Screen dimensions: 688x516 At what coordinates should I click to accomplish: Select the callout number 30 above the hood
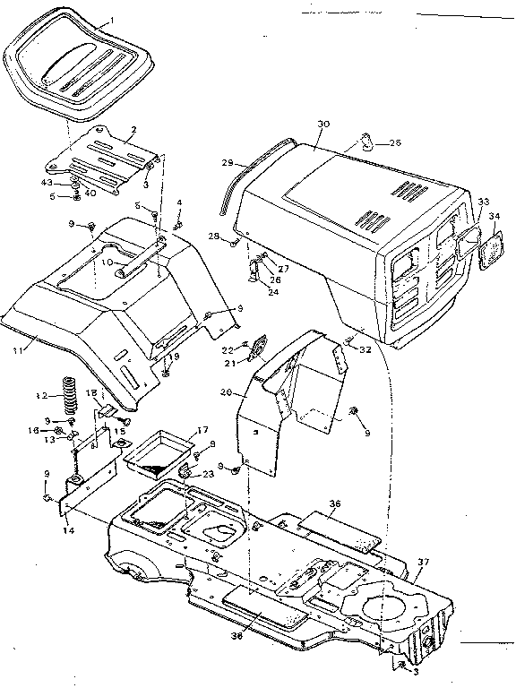(324, 125)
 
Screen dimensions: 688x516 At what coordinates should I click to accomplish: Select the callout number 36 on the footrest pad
(335, 504)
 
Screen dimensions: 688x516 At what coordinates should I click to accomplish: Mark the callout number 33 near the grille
(484, 202)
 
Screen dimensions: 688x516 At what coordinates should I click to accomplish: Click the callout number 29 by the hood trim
(228, 163)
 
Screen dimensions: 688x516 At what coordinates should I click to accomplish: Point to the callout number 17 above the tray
(202, 430)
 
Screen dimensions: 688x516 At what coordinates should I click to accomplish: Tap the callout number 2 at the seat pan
(133, 130)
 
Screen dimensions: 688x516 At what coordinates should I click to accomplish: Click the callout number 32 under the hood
(365, 350)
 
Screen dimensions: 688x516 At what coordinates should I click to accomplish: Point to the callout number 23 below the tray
(209, 474)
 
